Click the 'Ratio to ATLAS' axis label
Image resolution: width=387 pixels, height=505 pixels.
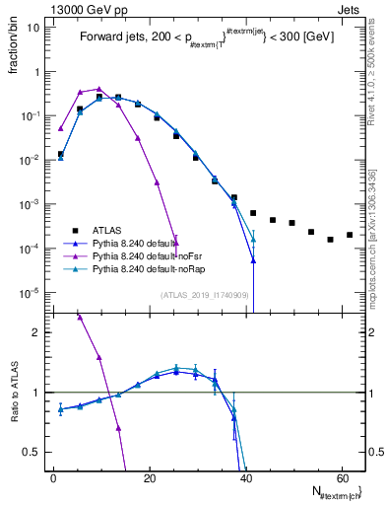coord(11,392)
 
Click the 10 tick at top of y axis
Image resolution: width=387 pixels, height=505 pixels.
coord(34,28)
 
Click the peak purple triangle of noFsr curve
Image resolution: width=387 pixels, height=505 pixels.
coord(98,89)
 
